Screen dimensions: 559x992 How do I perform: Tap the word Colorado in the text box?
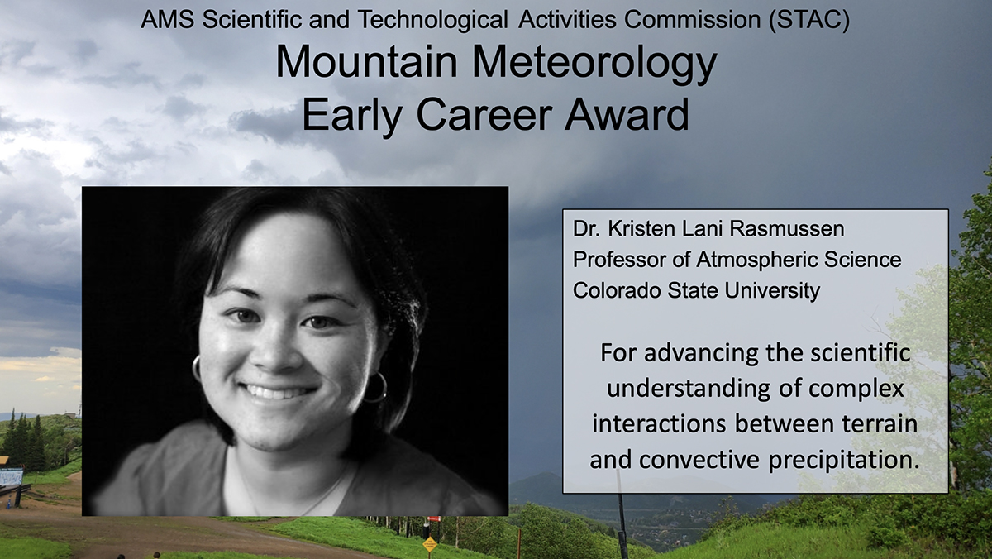(611, 291)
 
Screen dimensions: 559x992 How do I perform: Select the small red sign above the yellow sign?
(428, 523)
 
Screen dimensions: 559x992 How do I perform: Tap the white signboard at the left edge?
(10, 477)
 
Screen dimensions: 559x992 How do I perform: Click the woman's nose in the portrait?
(280, 347)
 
